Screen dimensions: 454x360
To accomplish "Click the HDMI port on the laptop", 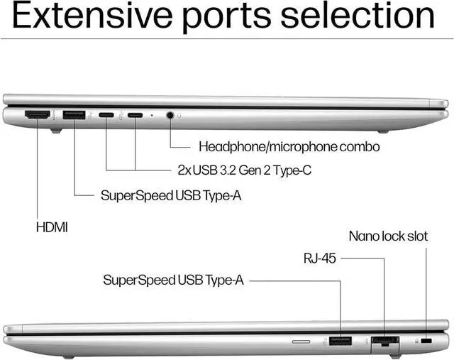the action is tap(38, 115).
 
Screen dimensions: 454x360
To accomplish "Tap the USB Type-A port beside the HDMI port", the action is tap(74, 115).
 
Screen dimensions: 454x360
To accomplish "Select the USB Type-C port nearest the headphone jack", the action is tap(135, 115).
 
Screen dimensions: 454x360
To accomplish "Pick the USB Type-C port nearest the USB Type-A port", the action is tap(106, 115).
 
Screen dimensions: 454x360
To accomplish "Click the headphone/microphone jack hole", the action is tap(170, 115).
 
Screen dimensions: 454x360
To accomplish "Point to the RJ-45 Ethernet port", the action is tap(384, 342).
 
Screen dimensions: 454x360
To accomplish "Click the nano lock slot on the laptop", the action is tap(426, 341).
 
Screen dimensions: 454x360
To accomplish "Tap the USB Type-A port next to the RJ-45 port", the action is tap(340, 341).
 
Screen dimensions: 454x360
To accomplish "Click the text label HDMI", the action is tap(52, 227).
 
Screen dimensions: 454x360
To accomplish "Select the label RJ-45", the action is tap(320, 258).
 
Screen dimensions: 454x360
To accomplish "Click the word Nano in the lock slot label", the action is tap(363, 236).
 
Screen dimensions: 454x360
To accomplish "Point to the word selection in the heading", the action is tap(358, 16).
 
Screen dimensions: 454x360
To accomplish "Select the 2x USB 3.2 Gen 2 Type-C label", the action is tap(245, 170).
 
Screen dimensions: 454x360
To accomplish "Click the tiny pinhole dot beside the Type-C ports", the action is tap(152, 115).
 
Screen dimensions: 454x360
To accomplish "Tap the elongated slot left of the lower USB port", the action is tap(301, 342).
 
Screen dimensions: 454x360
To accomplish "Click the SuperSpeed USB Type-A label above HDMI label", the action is tap(171, 196).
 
